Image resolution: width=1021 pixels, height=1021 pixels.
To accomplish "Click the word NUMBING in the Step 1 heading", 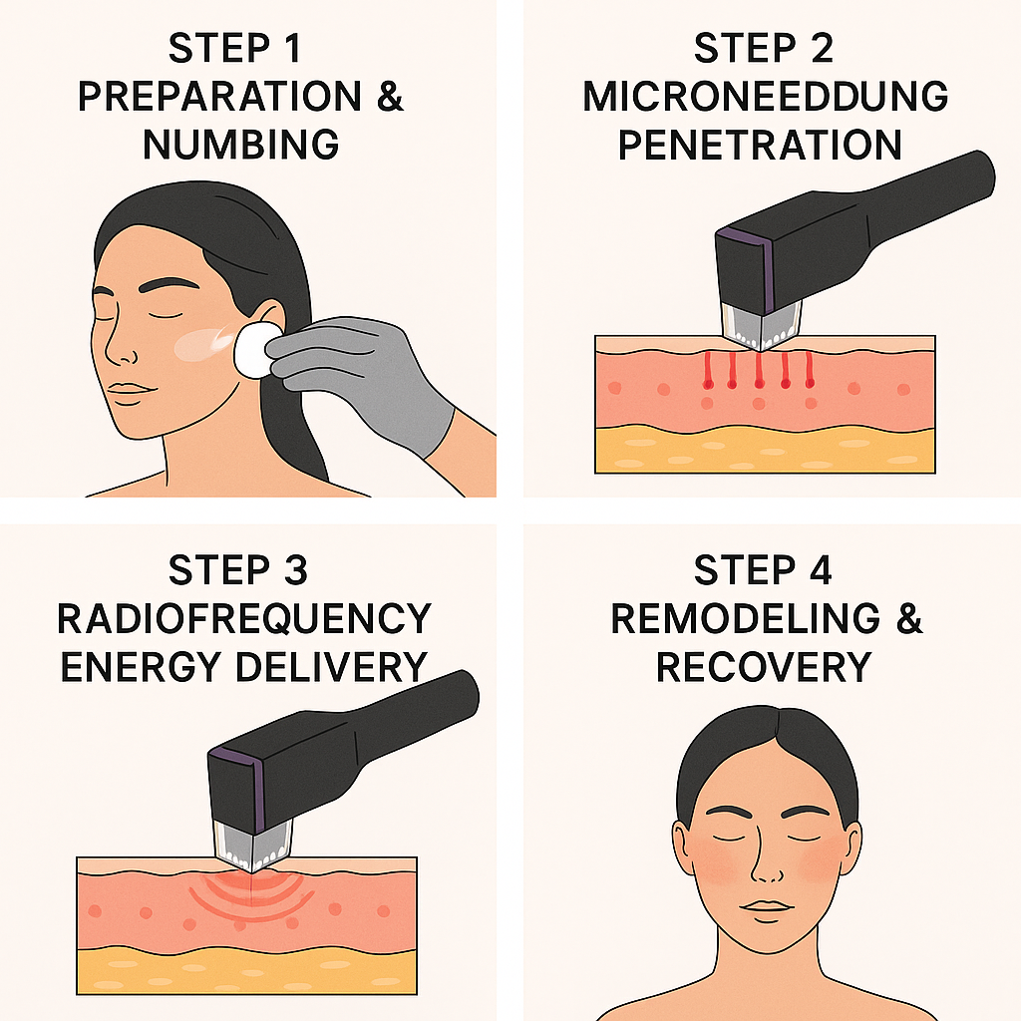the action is pos(241,145).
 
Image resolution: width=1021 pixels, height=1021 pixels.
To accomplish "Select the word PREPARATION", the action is pos(219,97).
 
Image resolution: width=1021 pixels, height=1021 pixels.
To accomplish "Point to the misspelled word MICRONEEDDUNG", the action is pos(765,97).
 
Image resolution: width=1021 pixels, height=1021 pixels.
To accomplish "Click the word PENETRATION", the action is pos(760,145).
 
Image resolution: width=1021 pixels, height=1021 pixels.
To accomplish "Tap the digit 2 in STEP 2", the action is pos(822,48).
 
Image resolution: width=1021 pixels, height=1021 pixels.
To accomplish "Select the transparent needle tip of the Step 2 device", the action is pos(760,326).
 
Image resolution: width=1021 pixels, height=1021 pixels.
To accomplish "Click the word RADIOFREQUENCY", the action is pos(244,618).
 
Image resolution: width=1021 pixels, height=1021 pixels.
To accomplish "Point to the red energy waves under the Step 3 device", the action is pos(247,896).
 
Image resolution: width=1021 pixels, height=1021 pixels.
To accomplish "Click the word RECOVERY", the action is pos(763,667).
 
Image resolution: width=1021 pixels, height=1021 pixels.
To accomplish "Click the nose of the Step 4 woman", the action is pos(765,859).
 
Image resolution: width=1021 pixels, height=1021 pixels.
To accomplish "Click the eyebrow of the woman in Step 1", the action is pos(168,284).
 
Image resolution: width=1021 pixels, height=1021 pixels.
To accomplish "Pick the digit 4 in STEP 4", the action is pos(822,570).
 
